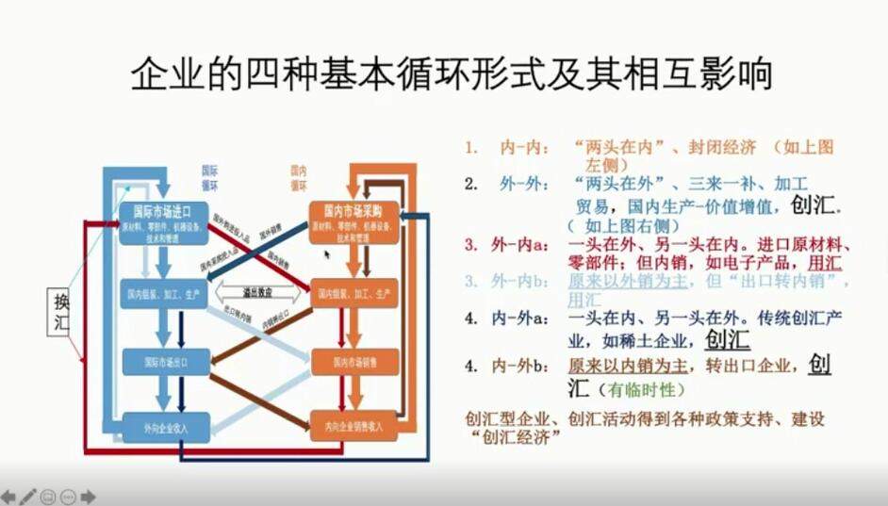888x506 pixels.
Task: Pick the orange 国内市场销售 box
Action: (354, 361)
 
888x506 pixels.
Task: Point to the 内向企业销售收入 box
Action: (354, 426)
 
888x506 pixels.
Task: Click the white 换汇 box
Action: (61, 313)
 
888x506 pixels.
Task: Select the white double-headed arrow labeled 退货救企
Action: (255, 293)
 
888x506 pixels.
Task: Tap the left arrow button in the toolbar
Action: (8, 497)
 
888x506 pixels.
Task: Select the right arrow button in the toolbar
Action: (89, 497)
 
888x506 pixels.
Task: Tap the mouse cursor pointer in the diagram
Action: (327, 253)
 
